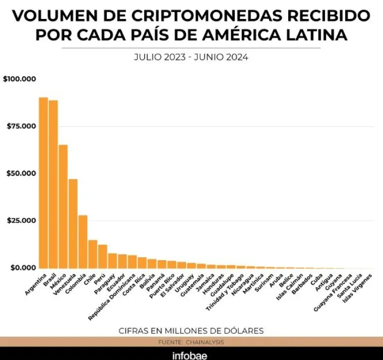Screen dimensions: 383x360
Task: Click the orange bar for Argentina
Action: tap(43, 183)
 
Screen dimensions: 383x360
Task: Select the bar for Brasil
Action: tap(53, 184)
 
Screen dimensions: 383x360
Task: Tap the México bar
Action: tap(63, 206)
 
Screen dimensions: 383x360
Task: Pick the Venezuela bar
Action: tap(73, 224)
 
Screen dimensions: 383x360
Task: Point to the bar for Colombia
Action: tap(83, 242)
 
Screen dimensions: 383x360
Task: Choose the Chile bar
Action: tap(93, 254)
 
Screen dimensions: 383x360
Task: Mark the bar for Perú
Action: tap(103, 256)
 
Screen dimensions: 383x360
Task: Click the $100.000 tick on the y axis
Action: tap(19, 79)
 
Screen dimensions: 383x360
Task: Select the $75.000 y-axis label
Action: tap(21, 126)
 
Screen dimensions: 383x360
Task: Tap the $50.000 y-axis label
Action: tap(21, 173)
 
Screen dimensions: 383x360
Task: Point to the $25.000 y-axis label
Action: tap(21, 221)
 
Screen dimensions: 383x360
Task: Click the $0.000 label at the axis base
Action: tap(23, 268)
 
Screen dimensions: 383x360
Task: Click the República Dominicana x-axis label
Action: tap(112, 297)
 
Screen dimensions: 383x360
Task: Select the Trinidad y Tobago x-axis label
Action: tap(225, 292)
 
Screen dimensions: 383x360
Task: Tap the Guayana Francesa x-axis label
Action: tap(333, 293)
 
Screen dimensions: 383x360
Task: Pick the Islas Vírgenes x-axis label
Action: tap(357, 288)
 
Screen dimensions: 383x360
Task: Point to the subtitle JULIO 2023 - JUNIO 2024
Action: tap(191, 57)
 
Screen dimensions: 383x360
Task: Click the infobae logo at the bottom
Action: tap(190, 355)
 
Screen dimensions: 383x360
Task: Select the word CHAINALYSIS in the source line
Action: tap(205, 342)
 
